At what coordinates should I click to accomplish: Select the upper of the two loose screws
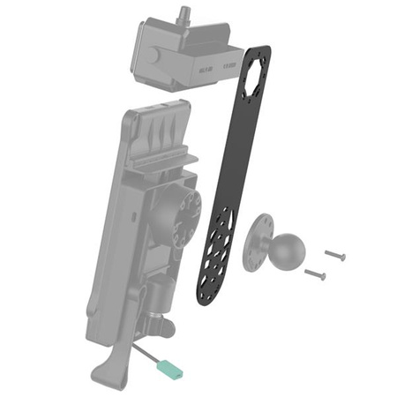click(335, 255)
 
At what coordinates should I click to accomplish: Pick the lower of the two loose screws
click(316, 274)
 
